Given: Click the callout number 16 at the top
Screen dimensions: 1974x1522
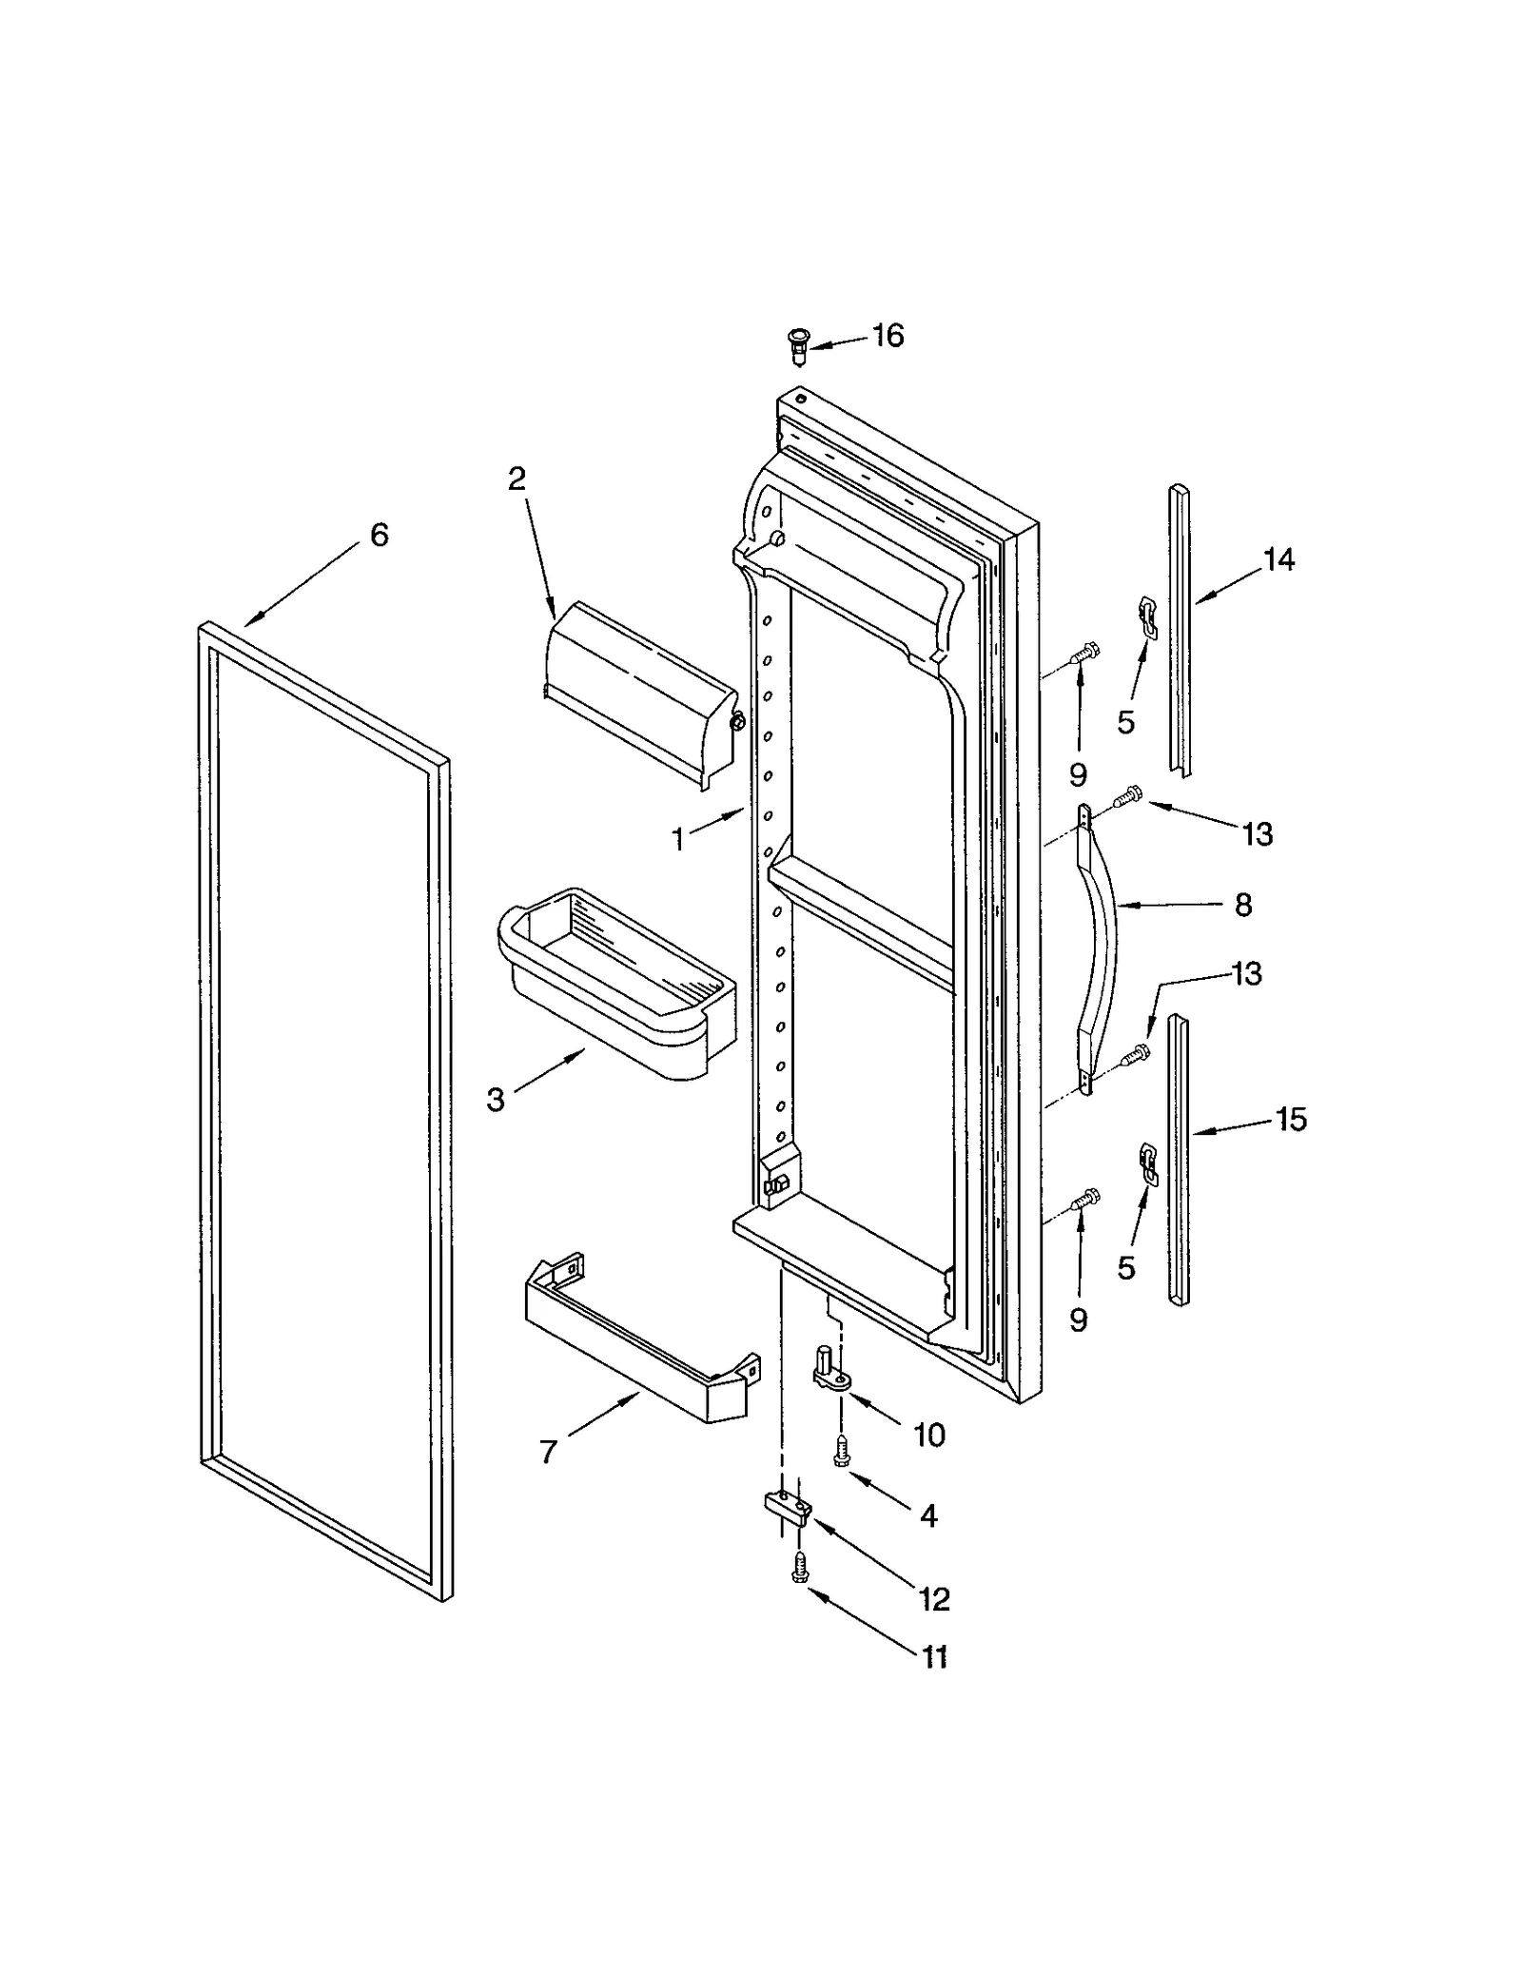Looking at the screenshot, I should coord(888,336).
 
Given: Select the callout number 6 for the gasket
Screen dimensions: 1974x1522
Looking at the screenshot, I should coord(379,536).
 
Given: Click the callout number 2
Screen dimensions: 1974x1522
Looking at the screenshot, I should coord(517,479).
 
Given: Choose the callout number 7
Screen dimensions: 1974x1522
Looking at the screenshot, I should coord(548,1453).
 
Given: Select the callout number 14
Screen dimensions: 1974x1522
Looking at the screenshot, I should coord(1279,560).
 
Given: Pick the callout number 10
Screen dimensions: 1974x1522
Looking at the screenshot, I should coord(928,1435).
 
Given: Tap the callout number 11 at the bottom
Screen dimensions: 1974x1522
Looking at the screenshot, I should coord(934,1657).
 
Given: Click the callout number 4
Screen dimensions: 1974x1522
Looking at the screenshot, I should coord(928,1515).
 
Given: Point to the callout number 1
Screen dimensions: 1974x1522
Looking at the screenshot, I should coord(678,840).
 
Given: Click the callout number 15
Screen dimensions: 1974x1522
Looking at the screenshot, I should coord(1291,1120).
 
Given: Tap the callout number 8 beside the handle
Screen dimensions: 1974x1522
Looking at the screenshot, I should coord(1243,905).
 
